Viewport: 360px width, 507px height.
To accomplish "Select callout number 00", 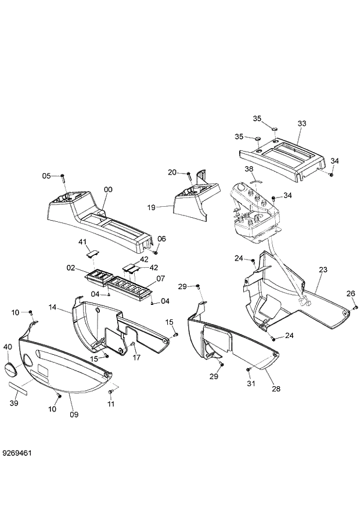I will pyautogui.click(x=108, y=189).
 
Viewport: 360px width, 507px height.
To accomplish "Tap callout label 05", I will pyautogui.click(x=47, y=175).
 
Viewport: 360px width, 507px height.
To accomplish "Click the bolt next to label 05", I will pyautogui.click(x=62, y=177).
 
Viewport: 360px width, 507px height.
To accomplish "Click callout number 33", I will pyautogui.click(x=301, y=124).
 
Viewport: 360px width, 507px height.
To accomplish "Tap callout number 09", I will pyautogui.click(x=74, y=414).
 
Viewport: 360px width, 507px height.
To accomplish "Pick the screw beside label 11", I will pyautogui.click(x=111, y=393).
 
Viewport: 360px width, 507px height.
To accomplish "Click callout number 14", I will pyautogui.click(x=52, y=307).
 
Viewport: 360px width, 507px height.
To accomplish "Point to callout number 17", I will pyautogui.click(x=137, y=358).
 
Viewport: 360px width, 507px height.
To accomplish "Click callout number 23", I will pyautogui.click(x=323, y=269).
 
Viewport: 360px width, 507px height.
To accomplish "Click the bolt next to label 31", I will pyautogui.click(x=249, y=368).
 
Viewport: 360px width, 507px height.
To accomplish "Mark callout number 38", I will pyautogui.click(x=249, y=169).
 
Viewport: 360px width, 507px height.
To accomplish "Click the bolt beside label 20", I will pyautogui.click(x=189, y=173).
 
